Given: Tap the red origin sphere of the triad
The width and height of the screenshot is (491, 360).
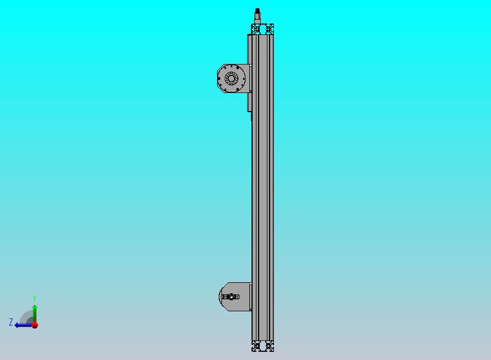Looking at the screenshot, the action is point(35,325).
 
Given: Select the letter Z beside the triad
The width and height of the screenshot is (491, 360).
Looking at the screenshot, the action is point(11,322).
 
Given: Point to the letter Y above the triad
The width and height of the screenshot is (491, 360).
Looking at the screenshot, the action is point(34,298).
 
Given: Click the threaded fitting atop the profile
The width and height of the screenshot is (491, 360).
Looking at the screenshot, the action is point(258,16).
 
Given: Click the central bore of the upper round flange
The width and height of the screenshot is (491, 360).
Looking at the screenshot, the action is point(231,78).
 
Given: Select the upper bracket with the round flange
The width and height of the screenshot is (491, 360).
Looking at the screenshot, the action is point(234,78).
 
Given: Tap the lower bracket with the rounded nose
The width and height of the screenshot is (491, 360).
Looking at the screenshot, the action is point(235,297).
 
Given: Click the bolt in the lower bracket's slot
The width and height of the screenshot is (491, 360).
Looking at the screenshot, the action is point(231,297).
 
